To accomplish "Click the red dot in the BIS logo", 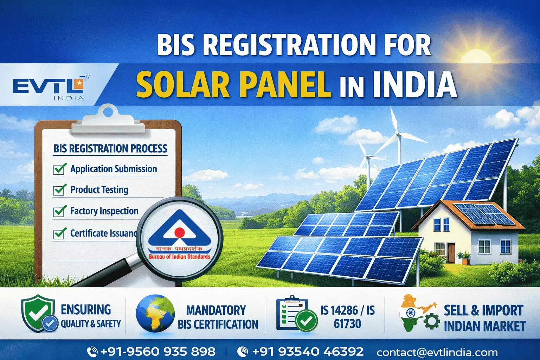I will pyautogui.click(x=180, y=232).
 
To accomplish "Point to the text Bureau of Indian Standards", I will pyautogui.click(x=179, y=257).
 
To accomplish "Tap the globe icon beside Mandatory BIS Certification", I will pyautogui.click(x=155, y=314).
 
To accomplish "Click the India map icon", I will pyautogui.click(x=415, y=313).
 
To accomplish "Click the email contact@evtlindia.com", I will pyautogui.click(x=437, y=352).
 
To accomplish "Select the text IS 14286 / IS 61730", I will pyautogui.click(x=347, y=316).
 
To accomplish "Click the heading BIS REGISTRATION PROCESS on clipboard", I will pyautogui.click(x=110, y=149).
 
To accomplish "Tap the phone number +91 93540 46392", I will pyautogui.click(x=308, y=351).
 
